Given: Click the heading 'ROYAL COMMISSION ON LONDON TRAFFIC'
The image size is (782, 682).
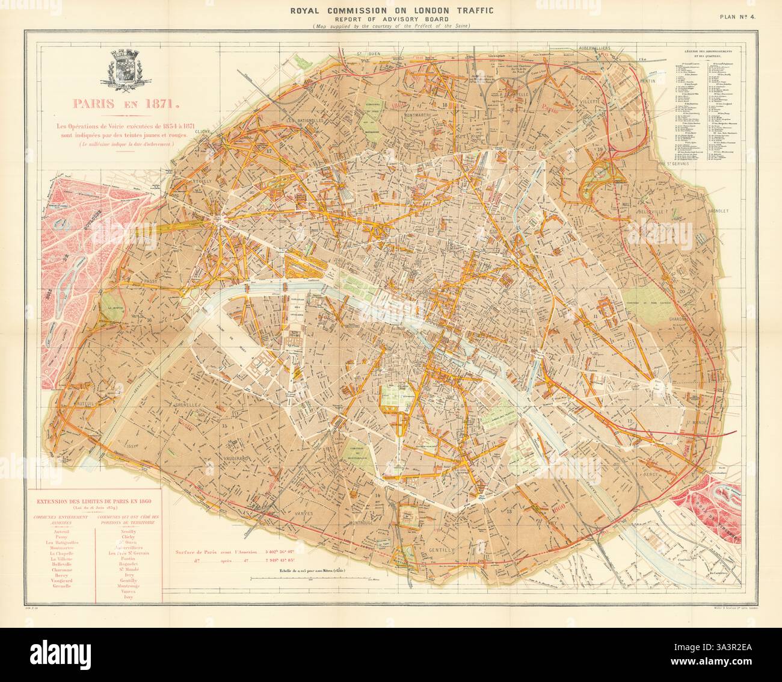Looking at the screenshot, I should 392,10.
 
